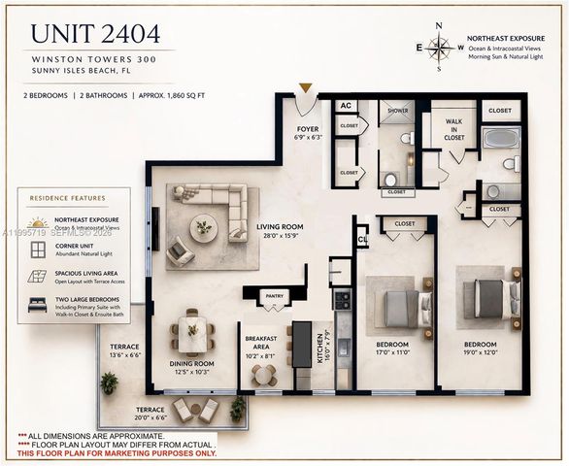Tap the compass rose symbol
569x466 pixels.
click(x=440, y=47)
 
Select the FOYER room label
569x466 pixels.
click(x=307, y=131)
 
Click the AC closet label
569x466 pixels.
click(x=346, y=106)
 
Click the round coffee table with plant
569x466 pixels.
click(x=204, y=227)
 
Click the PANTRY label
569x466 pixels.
click(x=274, y=296)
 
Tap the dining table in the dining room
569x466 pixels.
click(x=192, y=335)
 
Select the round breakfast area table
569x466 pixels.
click(x=261, y=373)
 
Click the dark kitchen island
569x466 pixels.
click(x=303, y=344)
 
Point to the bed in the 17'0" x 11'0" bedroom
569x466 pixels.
click(x=400, y=309)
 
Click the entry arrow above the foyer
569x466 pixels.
click(x=306, y=88)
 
